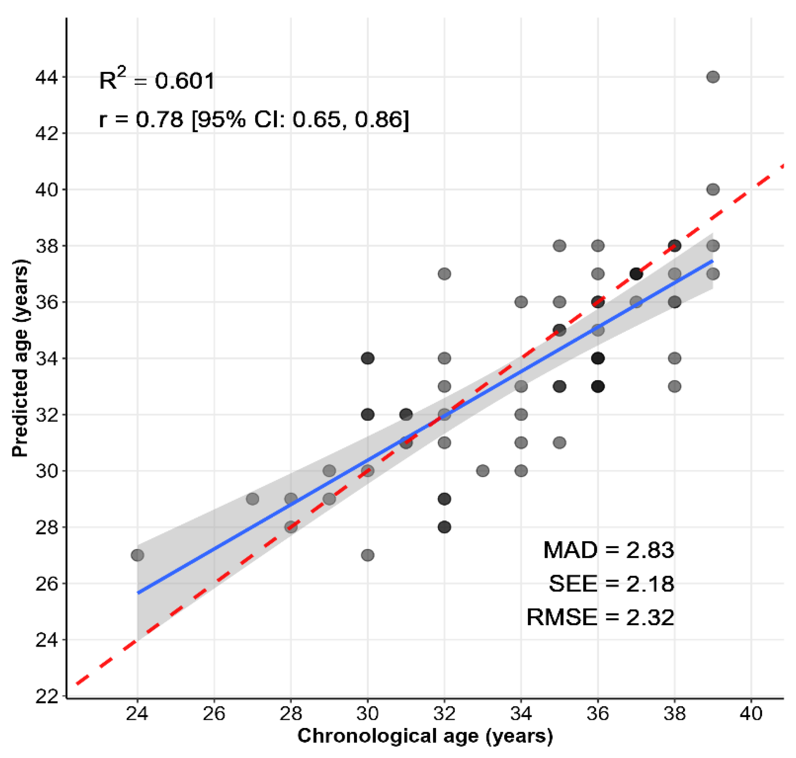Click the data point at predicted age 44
pos(713,77)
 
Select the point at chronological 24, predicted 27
pos(138,555)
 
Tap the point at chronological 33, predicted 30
pos(483,471)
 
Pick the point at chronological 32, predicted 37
pos(445,274)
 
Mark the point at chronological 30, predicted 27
pos(368,555)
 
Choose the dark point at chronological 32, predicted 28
pos(445,527)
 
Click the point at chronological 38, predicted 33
pos(674,386)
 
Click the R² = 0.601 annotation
pos(157,80)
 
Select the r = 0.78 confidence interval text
pos(254,119)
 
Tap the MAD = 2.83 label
pos(608,550)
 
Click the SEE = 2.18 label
pos(611,584)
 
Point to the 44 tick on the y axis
pos(46,77)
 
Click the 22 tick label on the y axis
pos(46,696)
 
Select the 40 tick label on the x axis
pos(751,714)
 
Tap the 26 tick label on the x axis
pos(214,714)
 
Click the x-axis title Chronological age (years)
pos(425,736)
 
